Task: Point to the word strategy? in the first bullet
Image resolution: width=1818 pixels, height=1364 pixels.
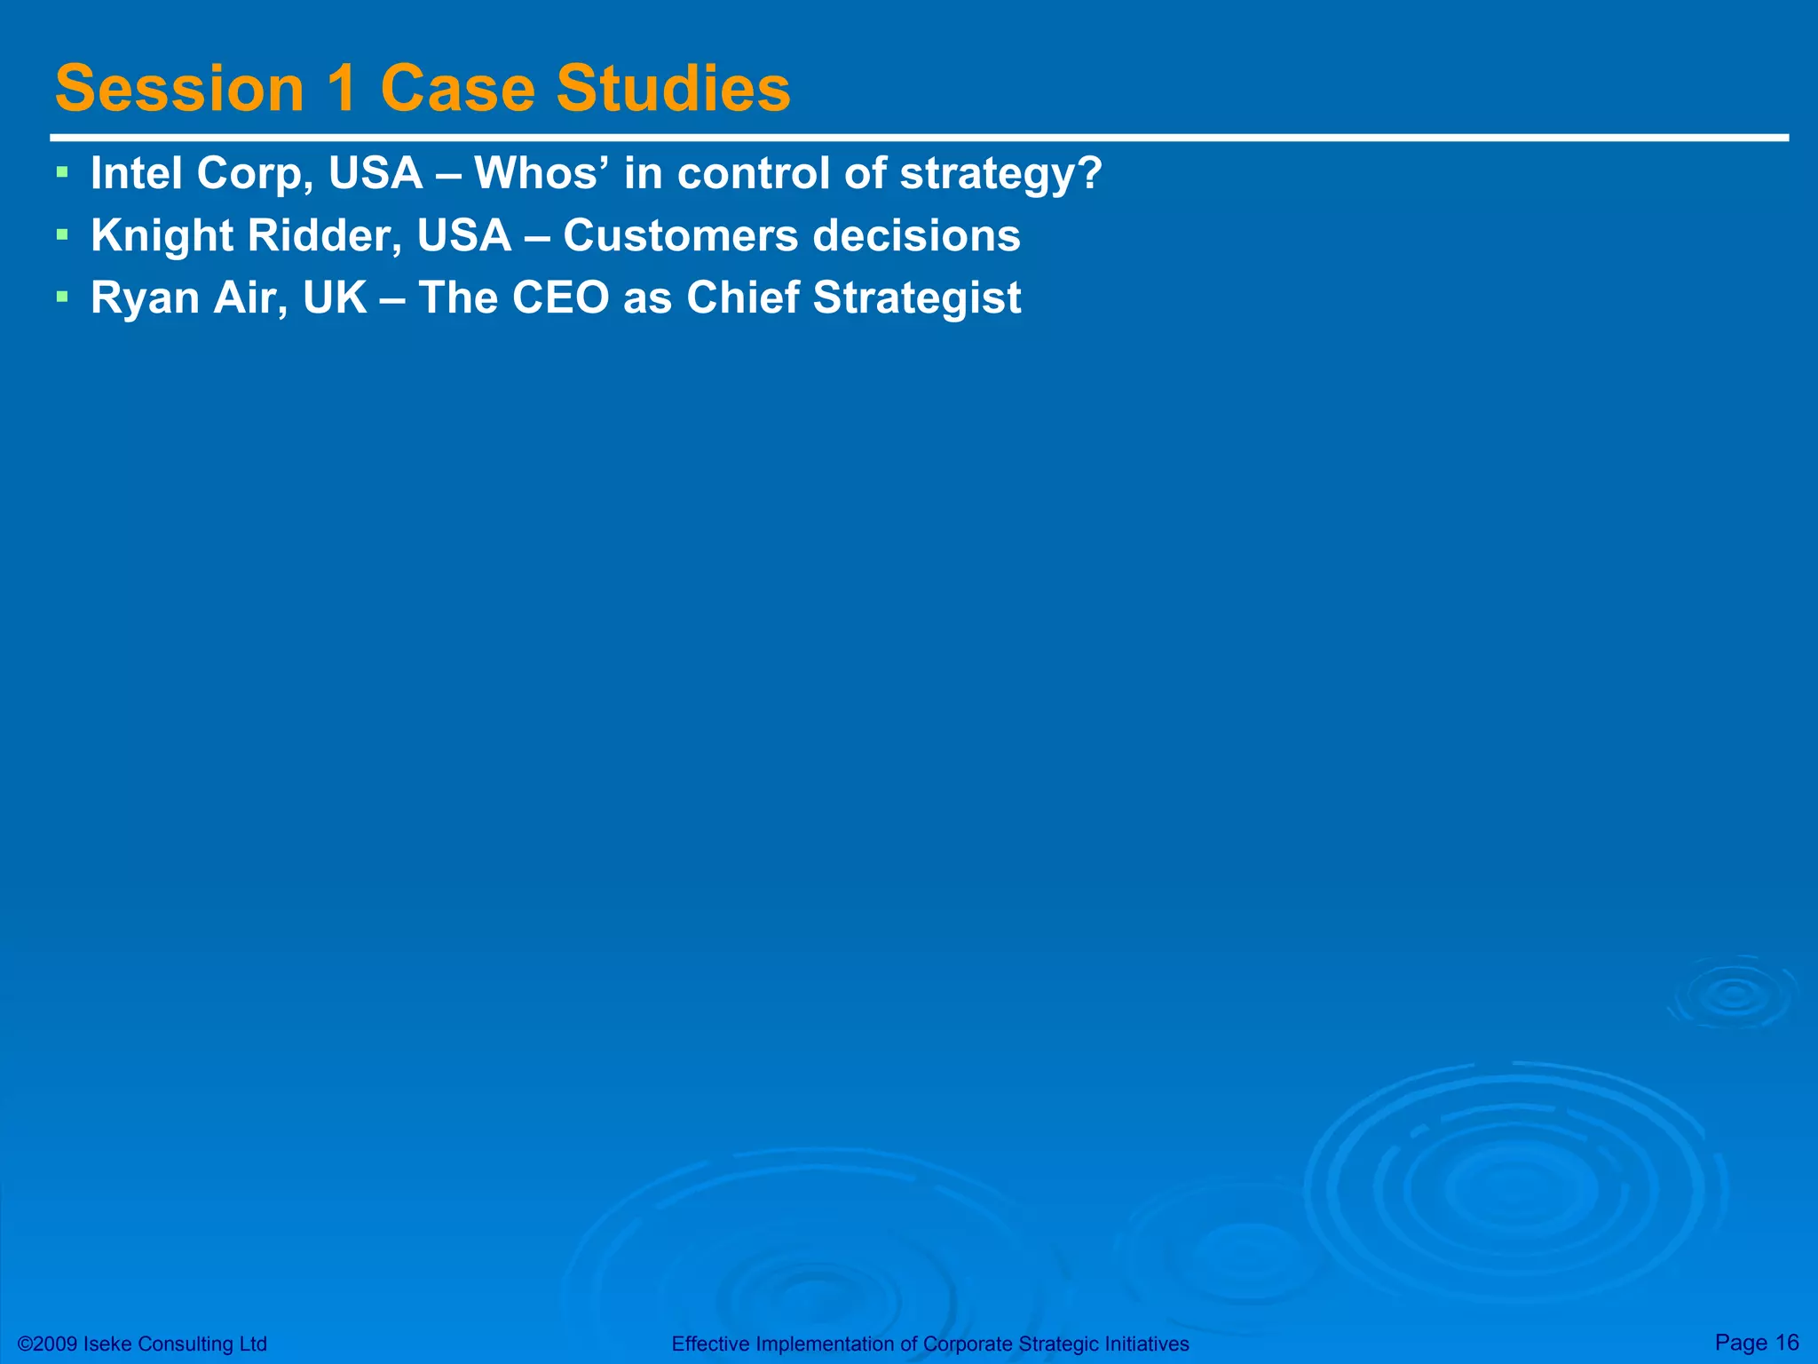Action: tap(1000, 175)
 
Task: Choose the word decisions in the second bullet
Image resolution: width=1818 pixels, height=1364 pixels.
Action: tap(916, 235)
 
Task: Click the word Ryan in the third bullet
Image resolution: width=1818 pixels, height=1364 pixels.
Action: tap(145, 299)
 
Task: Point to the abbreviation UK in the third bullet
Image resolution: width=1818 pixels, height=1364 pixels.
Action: tap(335, 297)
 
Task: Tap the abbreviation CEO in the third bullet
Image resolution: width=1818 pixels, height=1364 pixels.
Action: tap(562, 297)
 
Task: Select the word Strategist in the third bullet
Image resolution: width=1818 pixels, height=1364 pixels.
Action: tap(916, 299)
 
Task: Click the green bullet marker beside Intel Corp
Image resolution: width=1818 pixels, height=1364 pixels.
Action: tap(61, 170)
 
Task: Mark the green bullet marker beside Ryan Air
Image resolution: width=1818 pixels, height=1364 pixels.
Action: tap(61, 295)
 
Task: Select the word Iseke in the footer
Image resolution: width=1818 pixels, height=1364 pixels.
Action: tap(108, 1344)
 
